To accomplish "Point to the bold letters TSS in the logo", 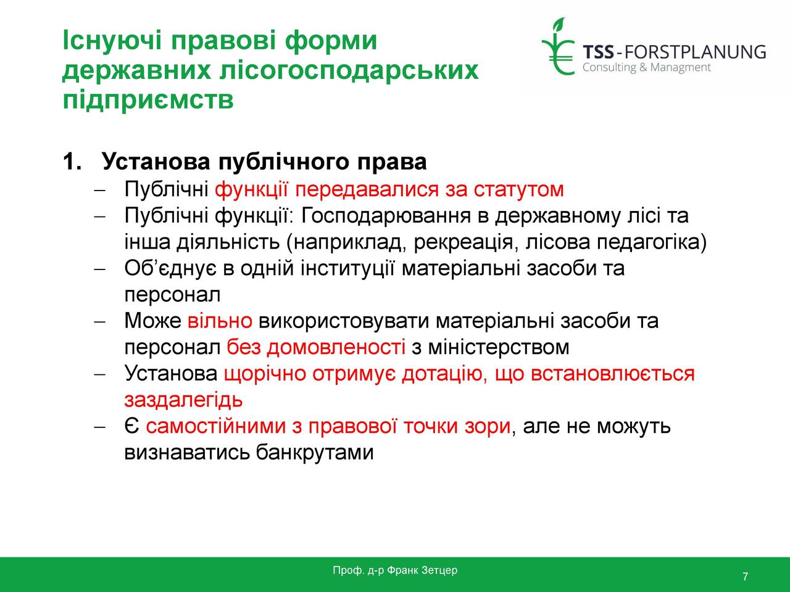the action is click(598, 52).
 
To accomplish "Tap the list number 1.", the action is click(72, 162).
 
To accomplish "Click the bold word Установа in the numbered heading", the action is click(156, 162).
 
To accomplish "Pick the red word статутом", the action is click(518, 189).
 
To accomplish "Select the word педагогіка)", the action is click(652, 242).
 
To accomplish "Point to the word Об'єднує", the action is click(170, 268).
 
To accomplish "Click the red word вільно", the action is click(220, 321).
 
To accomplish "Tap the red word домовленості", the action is click(336, 347).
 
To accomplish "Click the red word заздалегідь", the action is click(183, 400).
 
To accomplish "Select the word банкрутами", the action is click(315, 452).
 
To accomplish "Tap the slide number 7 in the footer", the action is click(746, 577).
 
